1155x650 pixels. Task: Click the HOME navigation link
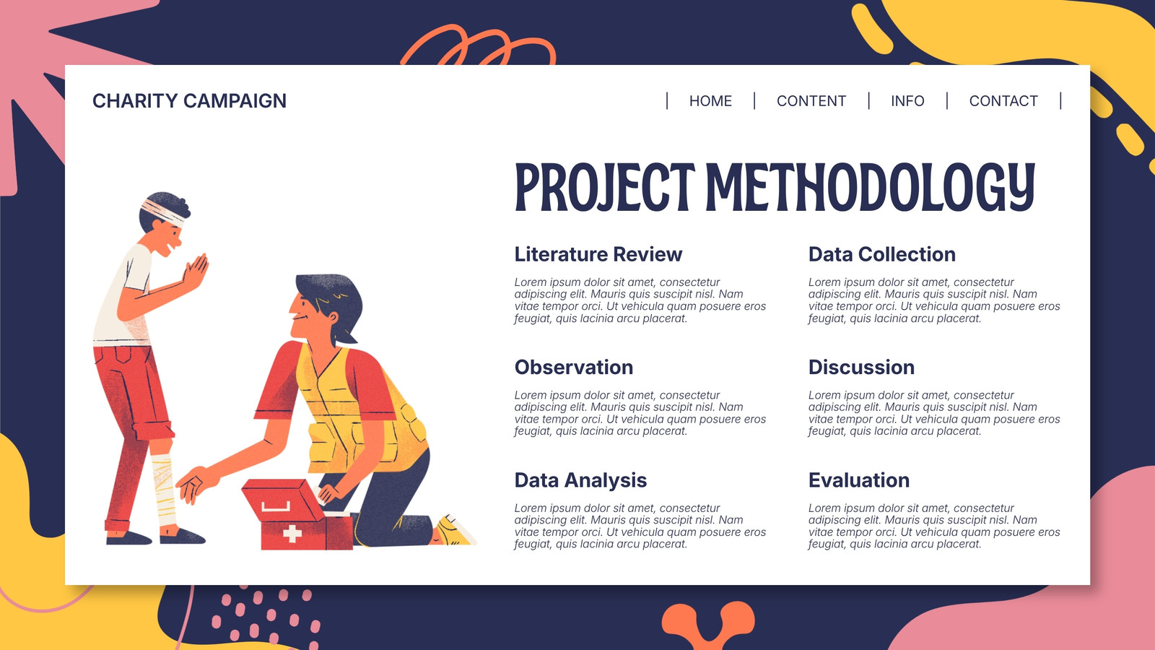point(710,100)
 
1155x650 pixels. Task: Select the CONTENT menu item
point(811,100)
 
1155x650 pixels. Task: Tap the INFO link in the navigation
point(907,100)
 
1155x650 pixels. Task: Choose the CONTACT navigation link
point(1003,100)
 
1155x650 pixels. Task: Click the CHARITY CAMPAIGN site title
point(189,100)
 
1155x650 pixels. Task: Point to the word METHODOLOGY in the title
point(871,187)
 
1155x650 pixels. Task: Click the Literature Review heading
point(598,254)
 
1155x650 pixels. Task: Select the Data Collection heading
point(881,254)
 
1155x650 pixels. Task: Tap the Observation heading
point(574,368)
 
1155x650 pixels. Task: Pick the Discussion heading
point(862,368)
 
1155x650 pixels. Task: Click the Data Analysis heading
point(580,480)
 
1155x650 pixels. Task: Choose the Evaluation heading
point(859,480)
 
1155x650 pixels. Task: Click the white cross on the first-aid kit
point(292,533)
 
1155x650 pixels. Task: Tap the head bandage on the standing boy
point(164,212)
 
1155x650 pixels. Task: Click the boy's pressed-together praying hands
point(196,271)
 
